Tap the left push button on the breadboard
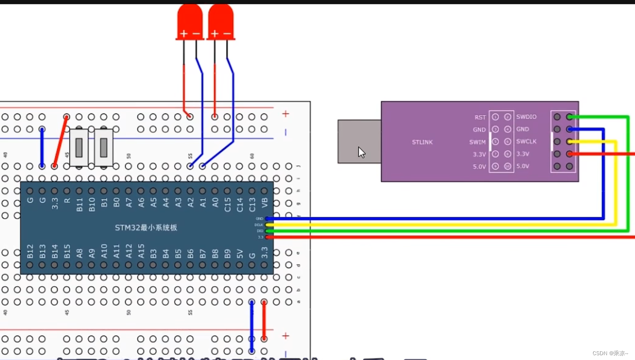[x=79, y=147]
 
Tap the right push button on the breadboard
[x=103, y=147]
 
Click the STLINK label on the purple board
[x=422, y=142]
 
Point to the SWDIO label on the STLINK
[x=526, y=117]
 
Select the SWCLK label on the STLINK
[x=526, y=141]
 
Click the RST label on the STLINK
[x=480, y=117]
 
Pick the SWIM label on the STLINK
[x=477, y=142]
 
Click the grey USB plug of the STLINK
[x=359, y=141]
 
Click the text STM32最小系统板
[x=146, y=228]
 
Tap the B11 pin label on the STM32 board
[x=79, y=205]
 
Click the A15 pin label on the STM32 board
[x=141, y=252]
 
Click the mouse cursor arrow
[x=361, y=152]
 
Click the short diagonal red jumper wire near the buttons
[x=60, y=141]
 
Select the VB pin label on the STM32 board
[x=264, y=203]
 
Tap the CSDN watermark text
[x=610, y=353]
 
